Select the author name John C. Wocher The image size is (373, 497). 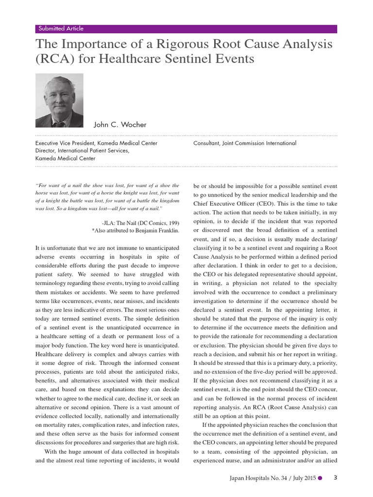[120, 125]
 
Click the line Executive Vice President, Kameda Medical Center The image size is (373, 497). [96, 143]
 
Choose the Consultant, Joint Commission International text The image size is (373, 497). [244, 143]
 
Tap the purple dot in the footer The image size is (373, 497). [320, 479]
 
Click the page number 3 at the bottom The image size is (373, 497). [335, 478]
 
